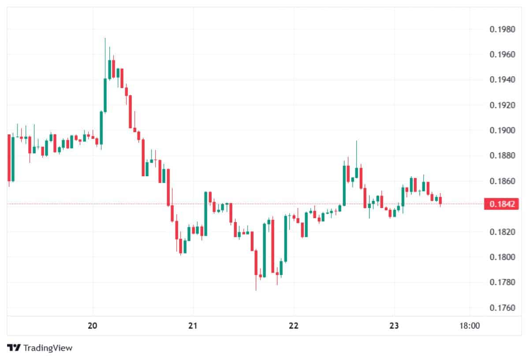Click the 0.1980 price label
[x=502, y=30]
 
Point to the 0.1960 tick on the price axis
[x=502, y=55]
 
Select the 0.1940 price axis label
[x=502, y=80]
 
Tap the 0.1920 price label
[x=502, y=105]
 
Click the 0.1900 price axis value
[x=502, y=130]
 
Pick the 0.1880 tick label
[x=502, y=156]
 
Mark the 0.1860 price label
[x=502, y=181]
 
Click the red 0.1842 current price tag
[x=499, y=204]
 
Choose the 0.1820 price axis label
[x=502, y=232]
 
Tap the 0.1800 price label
[x=502, y=257]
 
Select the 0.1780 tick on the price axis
[x=502, y=282]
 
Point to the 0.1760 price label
[x=502, y=308]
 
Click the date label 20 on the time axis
[x=93, y=326]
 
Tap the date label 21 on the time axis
[x=193, y=326]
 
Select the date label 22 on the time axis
[x=294, y=326]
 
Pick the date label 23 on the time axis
[x=394, y=326]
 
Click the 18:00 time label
[x=469, y=326]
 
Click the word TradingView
[x=48, y=348]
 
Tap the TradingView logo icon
[x=14, y=348]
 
